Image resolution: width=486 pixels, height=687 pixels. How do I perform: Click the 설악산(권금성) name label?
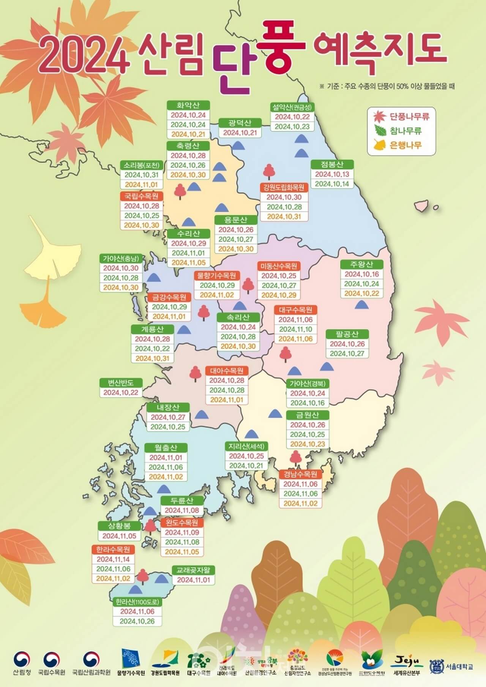tap(291, 107)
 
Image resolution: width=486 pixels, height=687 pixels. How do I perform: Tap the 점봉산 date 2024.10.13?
tap(332, 174)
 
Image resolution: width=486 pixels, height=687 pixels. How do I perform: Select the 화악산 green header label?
tap(188, 105)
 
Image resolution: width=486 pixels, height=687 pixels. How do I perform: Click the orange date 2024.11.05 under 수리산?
tap(188, 263)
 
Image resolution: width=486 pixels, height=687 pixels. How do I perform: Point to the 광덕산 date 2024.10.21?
tap(240, 133)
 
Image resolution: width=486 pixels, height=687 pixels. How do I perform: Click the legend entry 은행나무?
tap(406, 145)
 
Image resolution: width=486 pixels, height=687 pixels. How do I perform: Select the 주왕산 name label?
tap(361, 264)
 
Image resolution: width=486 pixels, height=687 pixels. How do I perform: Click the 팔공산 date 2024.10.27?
tap(347, 354)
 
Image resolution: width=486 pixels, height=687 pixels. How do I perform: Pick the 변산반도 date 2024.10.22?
tap(121, 392)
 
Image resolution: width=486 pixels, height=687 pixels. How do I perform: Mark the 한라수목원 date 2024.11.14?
tap(113, 559)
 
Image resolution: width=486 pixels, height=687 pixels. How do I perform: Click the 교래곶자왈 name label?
tap(194, 570)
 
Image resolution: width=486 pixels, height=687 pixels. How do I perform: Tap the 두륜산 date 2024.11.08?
tap(182, 510)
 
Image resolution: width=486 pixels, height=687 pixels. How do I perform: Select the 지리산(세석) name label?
tap(247, 446)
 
